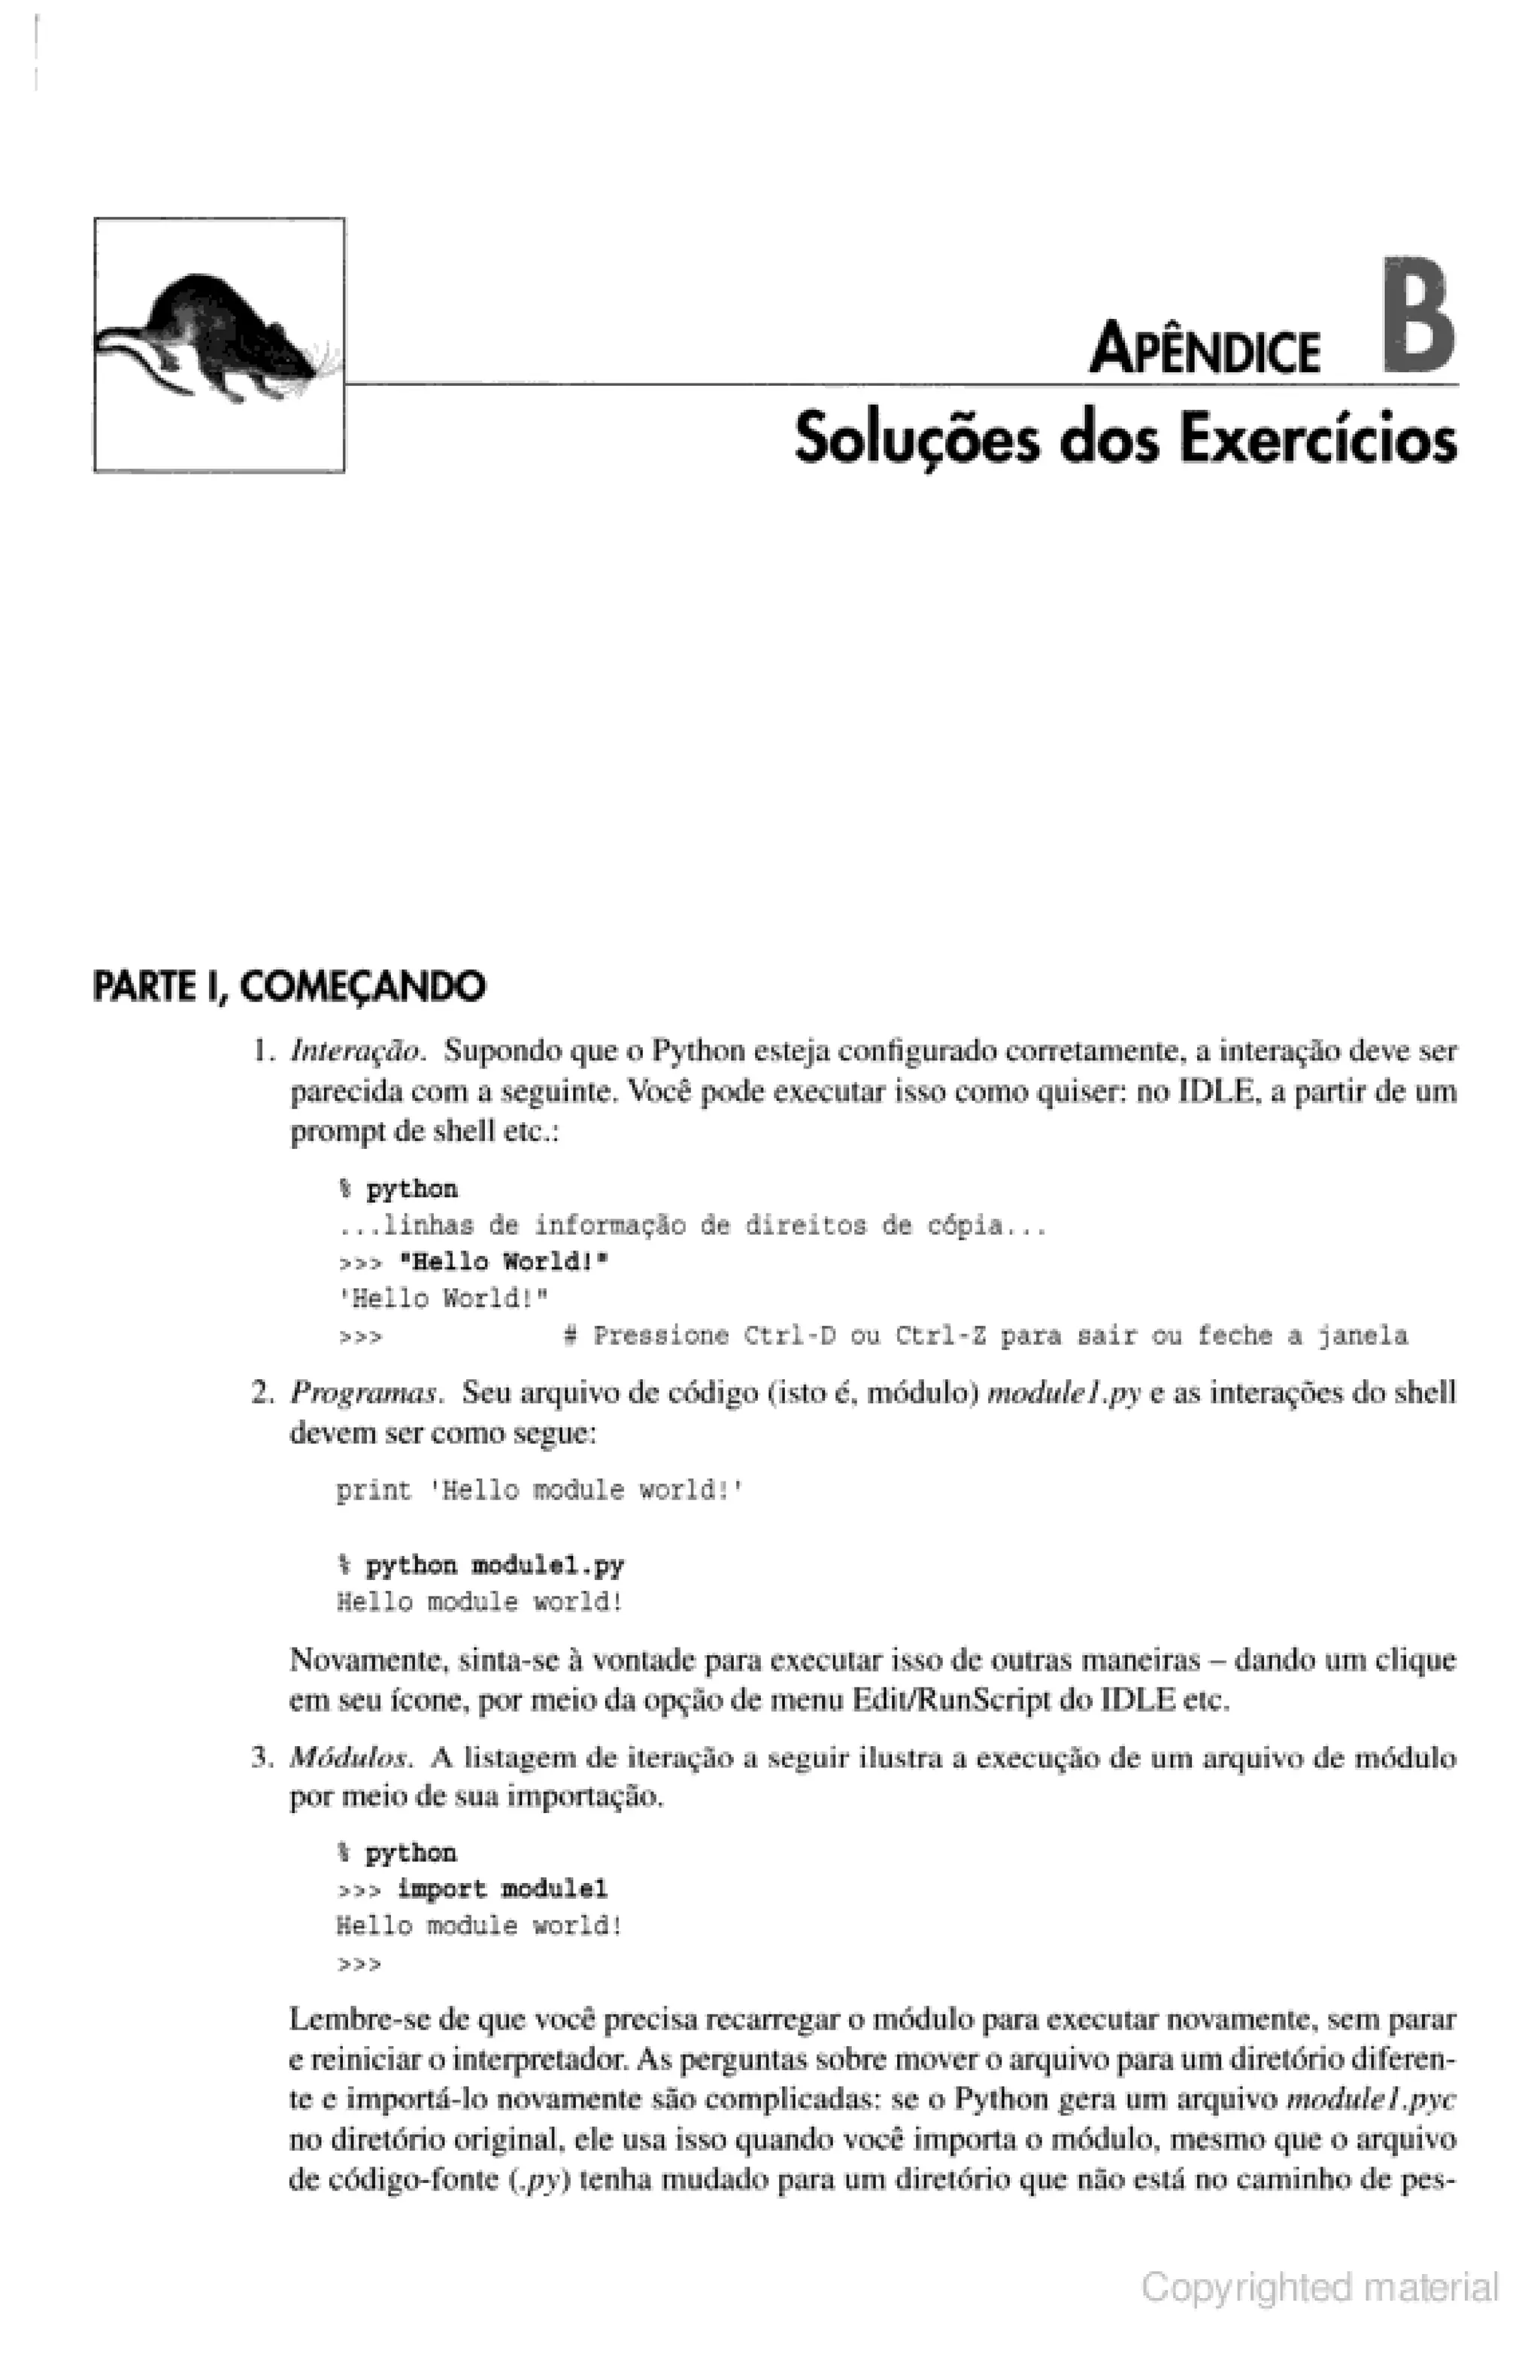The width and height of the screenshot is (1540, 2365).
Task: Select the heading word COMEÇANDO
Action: pyautogui.click(x=362, y=987)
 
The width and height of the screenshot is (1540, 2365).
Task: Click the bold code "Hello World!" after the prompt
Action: pyautogui.click(x=503, y=1262)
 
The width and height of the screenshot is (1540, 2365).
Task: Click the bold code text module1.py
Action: pyautogui.click(x=547, y=1565)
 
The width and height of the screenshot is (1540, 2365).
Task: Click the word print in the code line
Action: pyautogui.click(x=372, y=1490)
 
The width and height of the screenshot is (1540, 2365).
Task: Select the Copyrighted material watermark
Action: pyautogui.click(x=1318, y=2287)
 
